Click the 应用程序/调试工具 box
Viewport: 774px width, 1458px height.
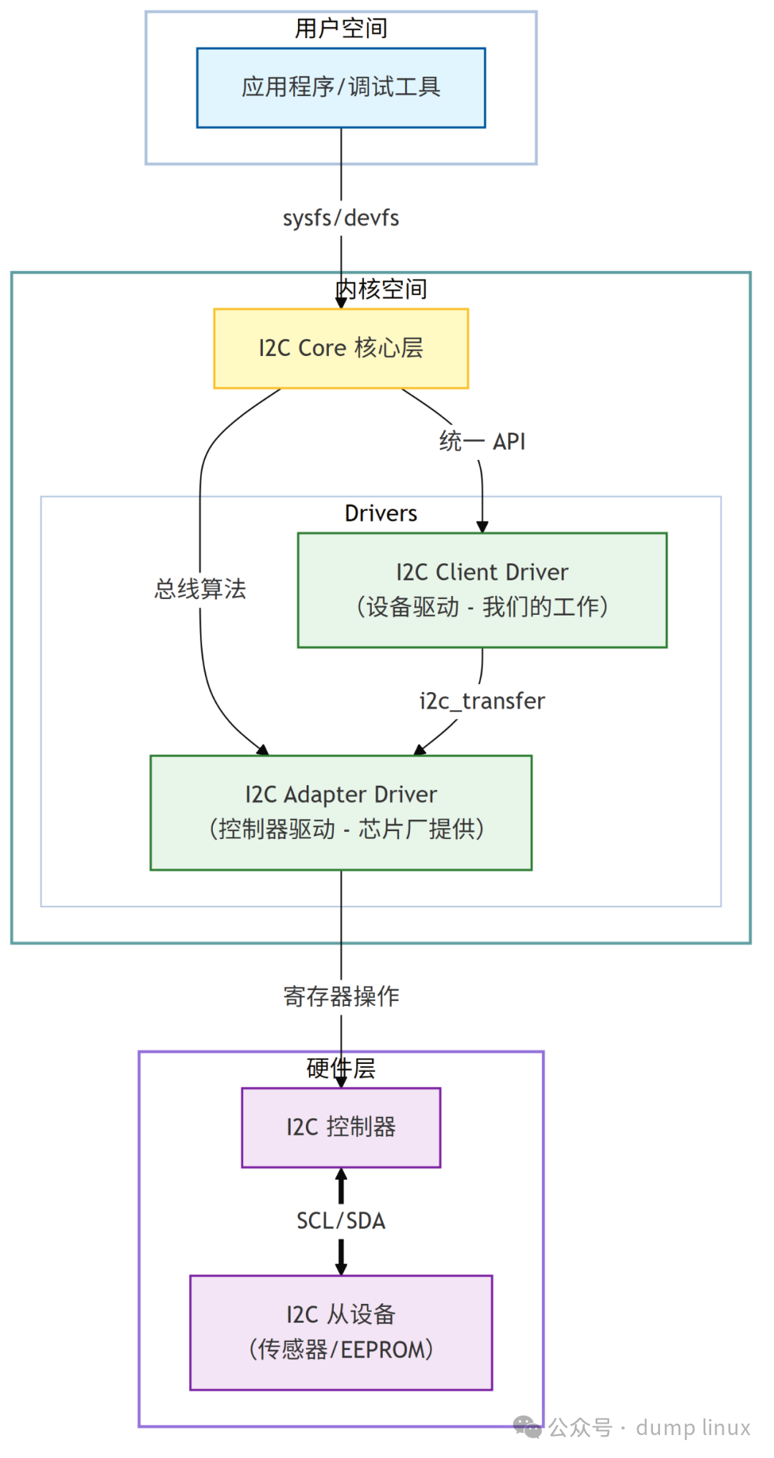(x=341, y=87)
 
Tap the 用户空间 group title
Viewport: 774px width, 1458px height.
(x=341, y=29)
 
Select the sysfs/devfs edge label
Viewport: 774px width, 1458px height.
(x=341, y=218)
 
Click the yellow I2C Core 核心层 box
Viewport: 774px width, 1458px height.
(x=341, y=349)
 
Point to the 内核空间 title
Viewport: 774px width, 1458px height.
(x=381, y=289)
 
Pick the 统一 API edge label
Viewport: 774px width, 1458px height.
(x=482, y=441)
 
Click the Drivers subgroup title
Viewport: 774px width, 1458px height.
(x=381, y=514)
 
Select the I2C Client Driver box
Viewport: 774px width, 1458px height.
(x=482, y=590)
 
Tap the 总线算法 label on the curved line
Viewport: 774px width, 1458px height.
(x=200, y=589)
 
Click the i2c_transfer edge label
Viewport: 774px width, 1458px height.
(x=482, y=701)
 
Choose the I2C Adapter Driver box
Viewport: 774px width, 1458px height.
(x=341, y=812)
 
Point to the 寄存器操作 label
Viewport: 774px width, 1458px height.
(x=341, y=996)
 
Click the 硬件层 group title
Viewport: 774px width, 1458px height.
(x=341, y=1068)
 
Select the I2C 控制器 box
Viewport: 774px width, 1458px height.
(x=341, y=1127)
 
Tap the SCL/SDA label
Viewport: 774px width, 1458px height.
(x=341, y=1220)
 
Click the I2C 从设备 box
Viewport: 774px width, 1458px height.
(x=341, y=1332)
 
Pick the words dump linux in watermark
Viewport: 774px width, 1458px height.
(x=693, y=1427)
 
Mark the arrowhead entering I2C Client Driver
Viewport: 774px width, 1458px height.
(x=482, y=527)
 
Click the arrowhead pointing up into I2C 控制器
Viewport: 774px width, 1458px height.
(x=341, y=1174)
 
